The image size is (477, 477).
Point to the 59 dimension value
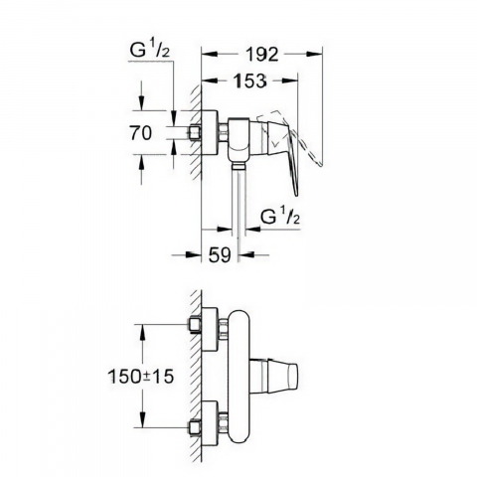coord(220,254)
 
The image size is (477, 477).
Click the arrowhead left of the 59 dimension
coord(198,254)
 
